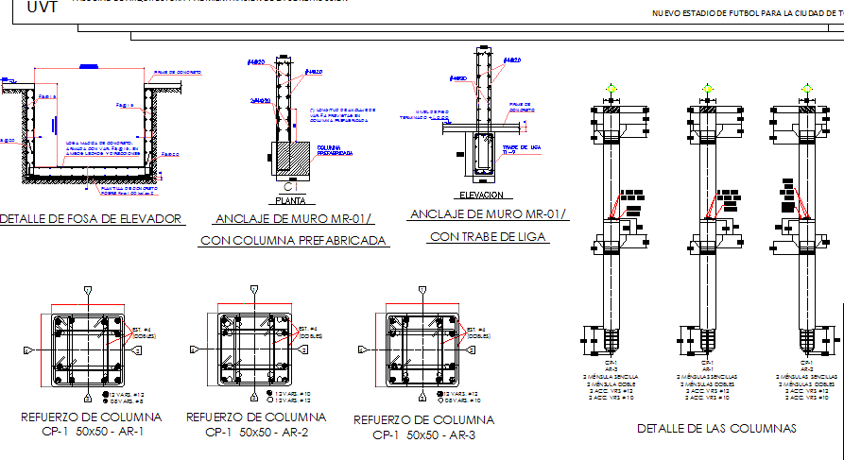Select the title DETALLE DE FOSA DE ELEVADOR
pos(91,219)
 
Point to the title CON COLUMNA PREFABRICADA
pos(294,241)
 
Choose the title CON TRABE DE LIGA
pos(488,236)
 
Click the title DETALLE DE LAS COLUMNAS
pos(716,429)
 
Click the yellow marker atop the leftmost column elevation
pos(612,91)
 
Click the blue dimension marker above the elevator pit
pos(88,66)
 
